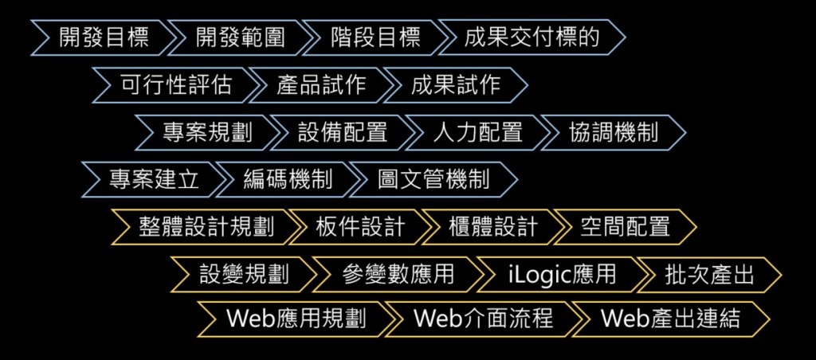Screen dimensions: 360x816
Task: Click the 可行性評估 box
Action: click(176, 85)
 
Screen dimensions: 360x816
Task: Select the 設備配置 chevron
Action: click(343, 132)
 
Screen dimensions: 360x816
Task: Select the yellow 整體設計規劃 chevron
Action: click(206, 227)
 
